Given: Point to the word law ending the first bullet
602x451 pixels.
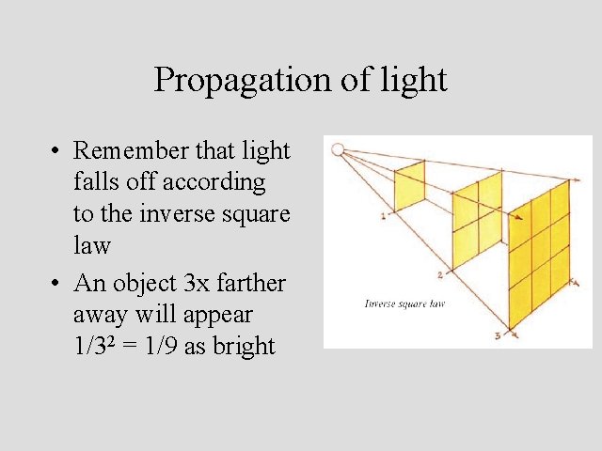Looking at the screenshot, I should [92, 245].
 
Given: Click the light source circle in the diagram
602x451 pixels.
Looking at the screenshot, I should [339, 148].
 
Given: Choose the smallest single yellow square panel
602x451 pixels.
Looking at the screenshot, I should [409, 188].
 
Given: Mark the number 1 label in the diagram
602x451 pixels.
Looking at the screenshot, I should [383, 215].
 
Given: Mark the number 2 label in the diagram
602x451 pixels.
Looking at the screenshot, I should [439, 274].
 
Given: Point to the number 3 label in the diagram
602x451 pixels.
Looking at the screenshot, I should [496, 334].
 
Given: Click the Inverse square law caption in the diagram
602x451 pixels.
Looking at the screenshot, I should [404, 303].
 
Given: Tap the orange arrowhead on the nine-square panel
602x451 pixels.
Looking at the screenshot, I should [515, 219].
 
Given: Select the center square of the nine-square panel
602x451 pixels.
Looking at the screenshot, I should [540, 248].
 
